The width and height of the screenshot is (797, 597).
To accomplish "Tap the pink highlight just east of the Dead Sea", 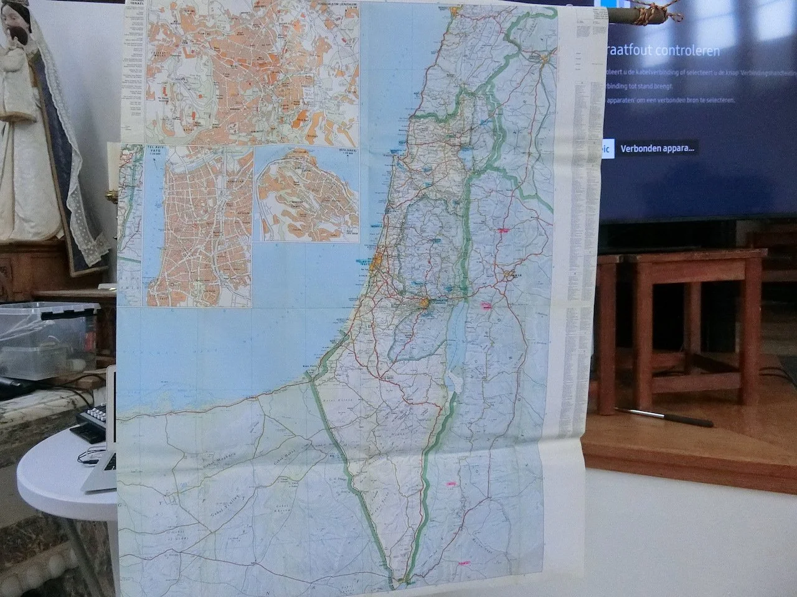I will coord(486,305).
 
